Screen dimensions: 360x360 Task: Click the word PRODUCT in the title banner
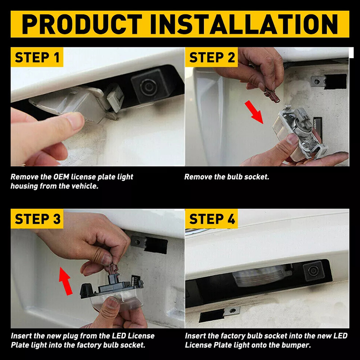point(82,24)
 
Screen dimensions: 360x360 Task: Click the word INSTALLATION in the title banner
point(244,24)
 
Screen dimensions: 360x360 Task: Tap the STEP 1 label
point(37,57)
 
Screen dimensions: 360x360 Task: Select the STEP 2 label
point(212,57)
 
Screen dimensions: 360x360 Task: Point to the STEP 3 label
point(38,219)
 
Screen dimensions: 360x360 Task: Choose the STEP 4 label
point(212,219)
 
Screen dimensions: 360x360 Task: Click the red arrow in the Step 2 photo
point(254,112)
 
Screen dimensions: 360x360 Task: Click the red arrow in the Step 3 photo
point(65,281)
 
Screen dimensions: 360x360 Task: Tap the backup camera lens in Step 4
point(313,271)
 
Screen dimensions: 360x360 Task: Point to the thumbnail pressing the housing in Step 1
point(76,121)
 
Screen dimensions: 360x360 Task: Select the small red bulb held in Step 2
point(272,95)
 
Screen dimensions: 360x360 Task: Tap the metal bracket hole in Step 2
point(317,81)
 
